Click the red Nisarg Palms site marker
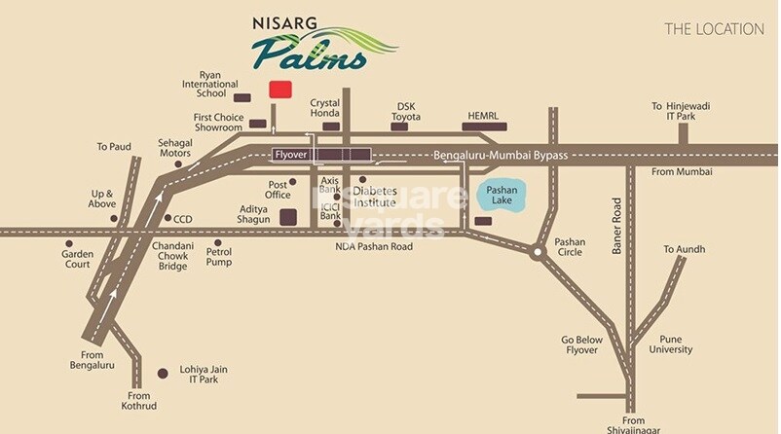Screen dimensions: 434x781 click(x=279, y=90)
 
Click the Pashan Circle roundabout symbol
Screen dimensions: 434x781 click(x=537, y=253)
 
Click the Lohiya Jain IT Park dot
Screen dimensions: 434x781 click(x=163, y=372)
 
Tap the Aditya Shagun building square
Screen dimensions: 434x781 click(x=288, y=217)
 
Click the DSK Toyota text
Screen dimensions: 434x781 click(x=406, y=111)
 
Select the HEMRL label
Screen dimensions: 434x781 click(x=483, y=114)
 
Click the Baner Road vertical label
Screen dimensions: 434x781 click(x=616, y=227)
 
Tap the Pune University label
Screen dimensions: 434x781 click(x=671, y=344)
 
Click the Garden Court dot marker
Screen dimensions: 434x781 click(x=68, y=243)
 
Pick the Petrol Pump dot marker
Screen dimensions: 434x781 click(x=217, y=243)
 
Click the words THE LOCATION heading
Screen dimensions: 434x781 click(x=714, y=29)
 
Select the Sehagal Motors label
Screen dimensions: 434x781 click(x=174, y=148)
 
